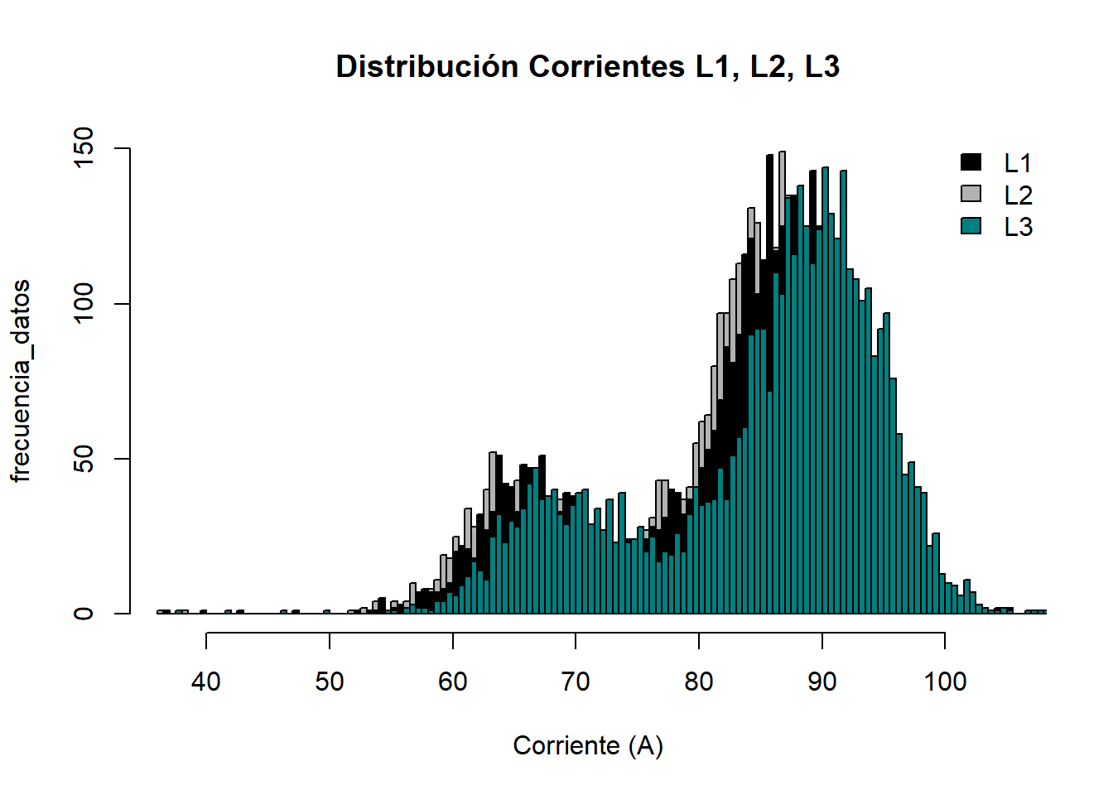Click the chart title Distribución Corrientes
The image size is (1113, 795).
click(587, 66)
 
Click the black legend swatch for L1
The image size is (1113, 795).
click(971, 162)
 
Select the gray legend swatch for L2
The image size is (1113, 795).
click(971, 194)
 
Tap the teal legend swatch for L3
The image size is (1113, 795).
click(971, 225)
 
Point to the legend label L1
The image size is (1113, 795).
click(1018, 163)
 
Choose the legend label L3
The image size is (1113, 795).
click(1018, 227)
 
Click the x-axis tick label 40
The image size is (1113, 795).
click(206, 682)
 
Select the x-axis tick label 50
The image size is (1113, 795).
click(330, 682)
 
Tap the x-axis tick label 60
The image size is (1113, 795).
click(452, 682)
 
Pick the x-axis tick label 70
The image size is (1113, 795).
click(576, 682)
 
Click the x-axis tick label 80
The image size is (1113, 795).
click(699, 682)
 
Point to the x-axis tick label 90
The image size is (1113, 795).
click(821, 682)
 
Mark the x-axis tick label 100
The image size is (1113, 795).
click(945, 682)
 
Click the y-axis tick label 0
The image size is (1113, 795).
click(84, 614)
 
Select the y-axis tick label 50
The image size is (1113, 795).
click(84, 459)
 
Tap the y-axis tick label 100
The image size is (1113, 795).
click(84, 304)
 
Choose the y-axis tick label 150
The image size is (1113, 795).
click(84, 149)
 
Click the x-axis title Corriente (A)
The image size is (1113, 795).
click(588, 745)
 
